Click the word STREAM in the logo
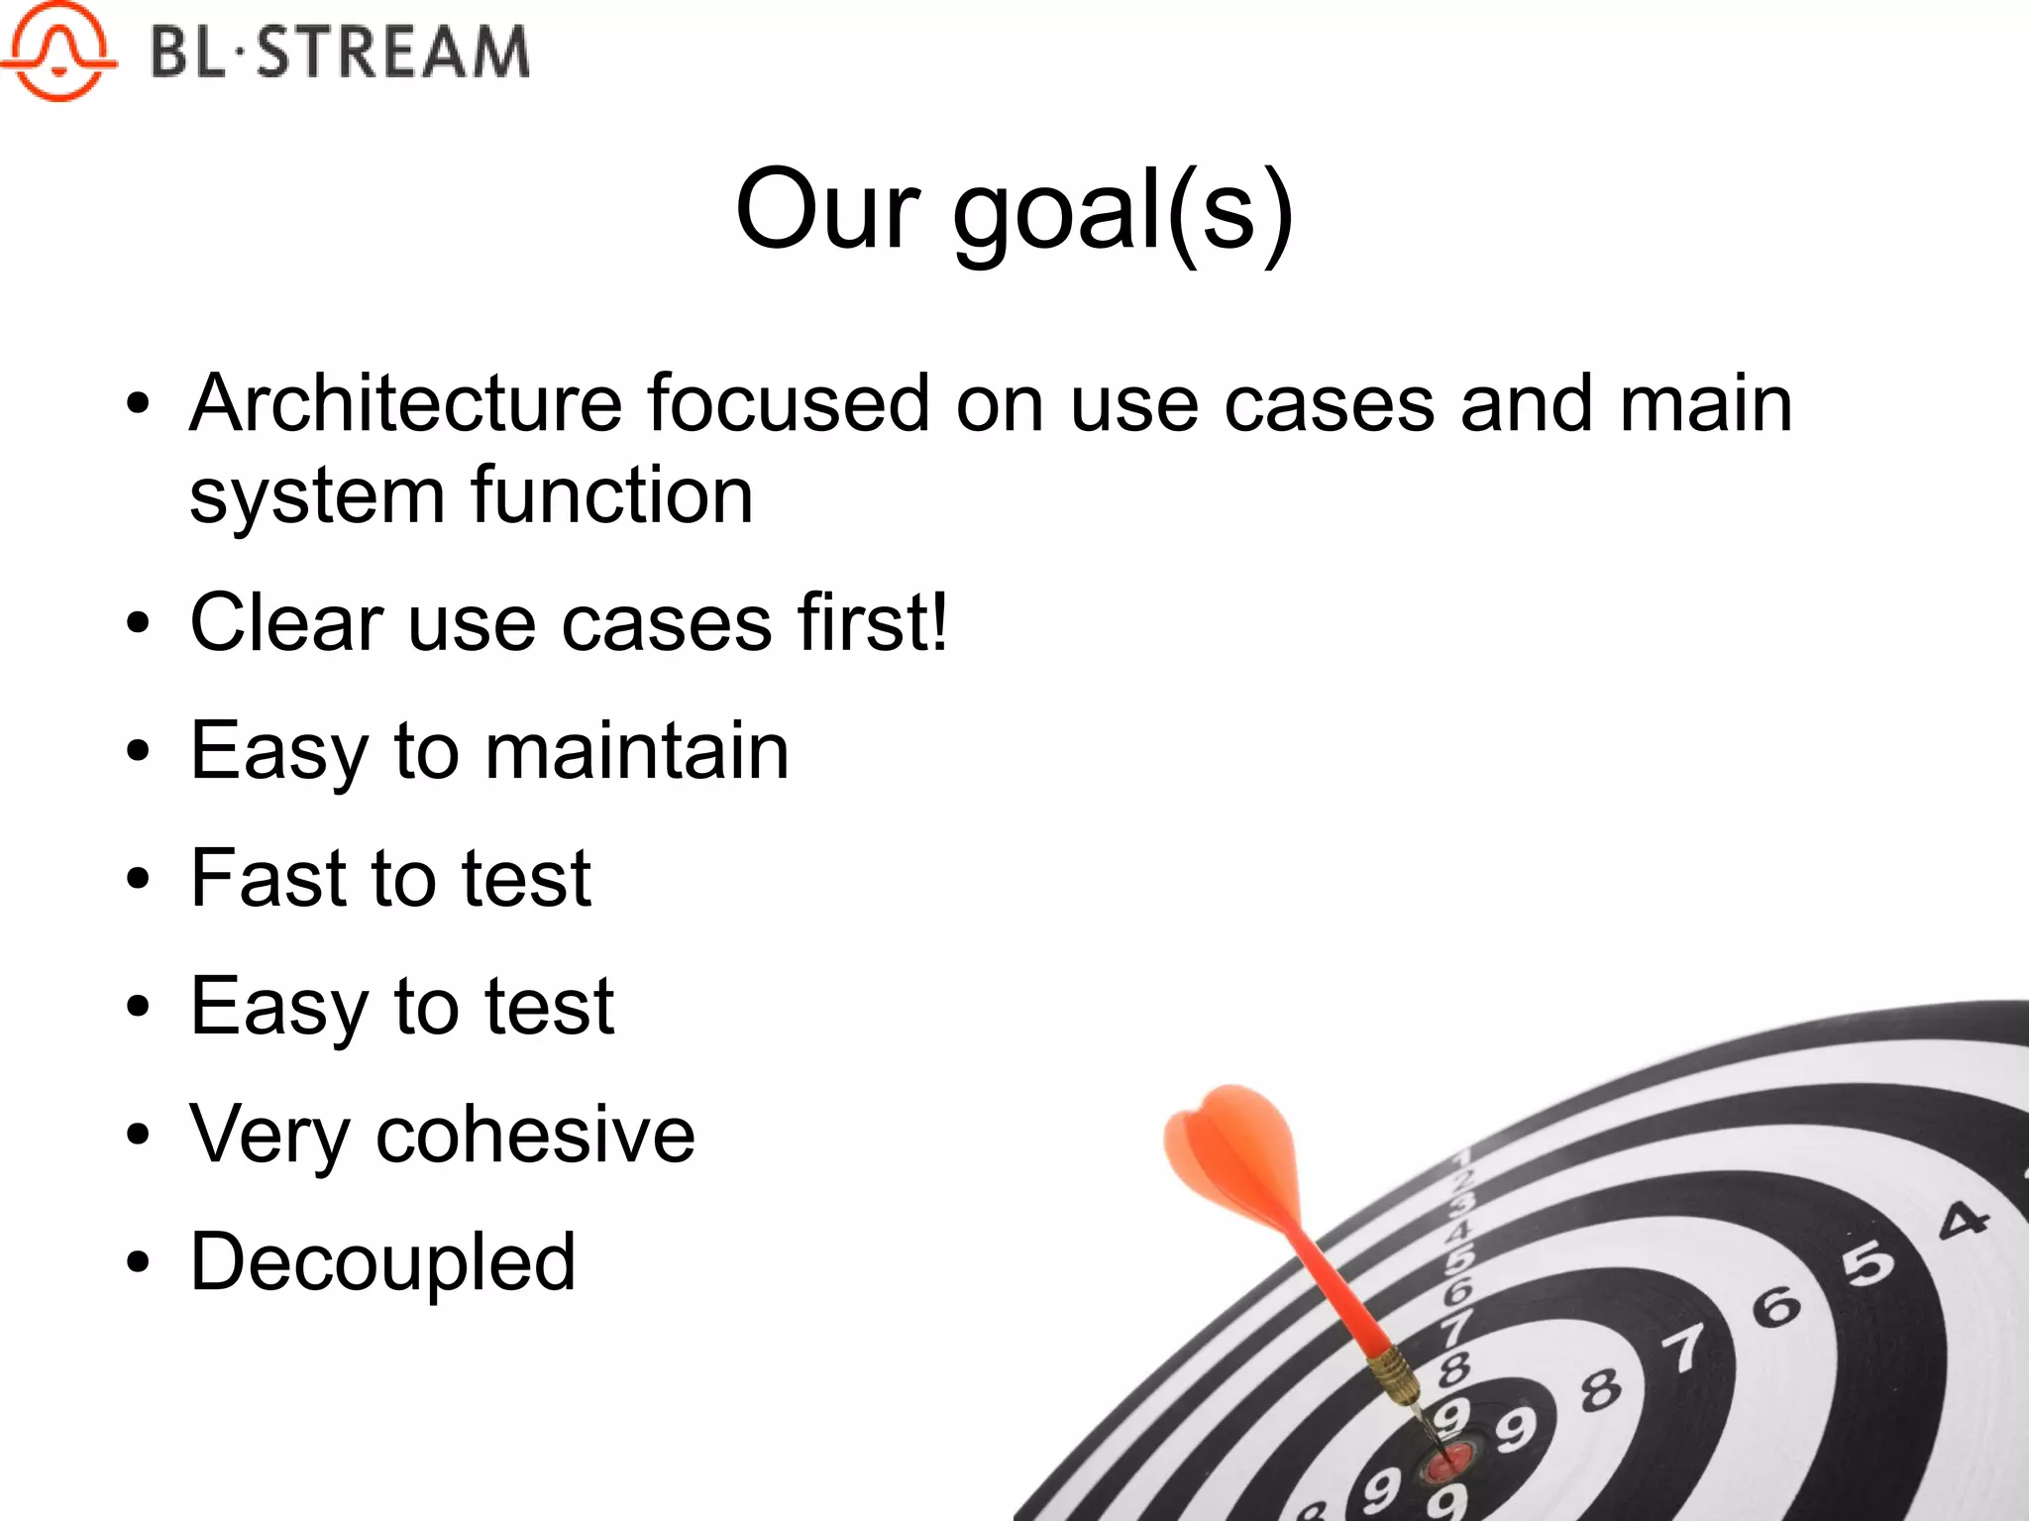[x=393, y=52]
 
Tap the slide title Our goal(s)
[x=1014, y=210]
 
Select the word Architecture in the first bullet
[x=406, y=403]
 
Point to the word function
[x=611, y=494]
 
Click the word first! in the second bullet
[x=873, y=622]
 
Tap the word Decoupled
[x=382, y=1261]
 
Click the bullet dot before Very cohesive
[x=138, y=1136]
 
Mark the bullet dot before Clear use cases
[x=138, y=624]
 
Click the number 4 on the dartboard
[x=1963, y=1220]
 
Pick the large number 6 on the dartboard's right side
[x=1777, y=1306]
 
